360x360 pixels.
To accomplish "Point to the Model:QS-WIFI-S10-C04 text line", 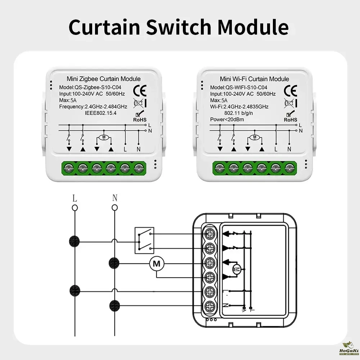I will coord(238,87).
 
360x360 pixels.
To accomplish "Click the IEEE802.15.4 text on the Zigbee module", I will coord(101,113).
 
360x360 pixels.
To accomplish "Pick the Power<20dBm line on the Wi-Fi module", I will coord(228,119).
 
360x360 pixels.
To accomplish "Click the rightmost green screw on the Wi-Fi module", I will coord(289,167).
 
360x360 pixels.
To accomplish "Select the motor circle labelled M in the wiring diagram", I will coord(157,264).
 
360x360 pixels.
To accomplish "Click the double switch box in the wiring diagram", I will coord(144,240).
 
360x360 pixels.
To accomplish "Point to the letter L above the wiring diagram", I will coord(75,198).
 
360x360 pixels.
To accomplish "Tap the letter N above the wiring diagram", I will coord(114,198).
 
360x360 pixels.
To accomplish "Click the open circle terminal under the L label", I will coord(75,207).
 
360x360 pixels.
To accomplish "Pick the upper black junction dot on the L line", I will coord(75,240).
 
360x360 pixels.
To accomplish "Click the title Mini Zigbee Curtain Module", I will coord(104,79).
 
